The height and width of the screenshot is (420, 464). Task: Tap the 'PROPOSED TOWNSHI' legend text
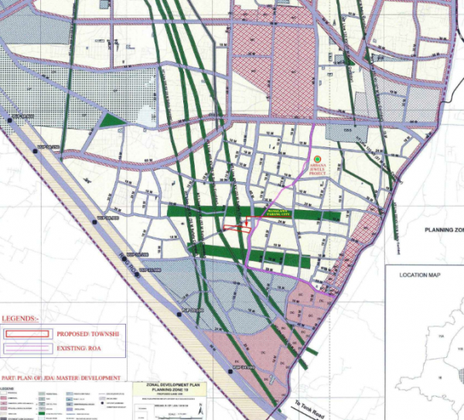(x=89, y=335)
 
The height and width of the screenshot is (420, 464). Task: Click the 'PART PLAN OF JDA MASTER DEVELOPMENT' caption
(x=61, y=377)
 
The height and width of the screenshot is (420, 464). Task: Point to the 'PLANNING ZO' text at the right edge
(x=444, y=230)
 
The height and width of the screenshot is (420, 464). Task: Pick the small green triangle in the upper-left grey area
(x=113, y=120)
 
